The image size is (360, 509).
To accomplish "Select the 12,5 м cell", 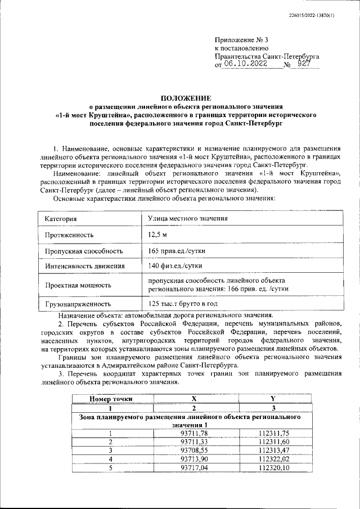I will click(158, 235).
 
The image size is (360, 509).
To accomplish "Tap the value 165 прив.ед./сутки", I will click(175, 251).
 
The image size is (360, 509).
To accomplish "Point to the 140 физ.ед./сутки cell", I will click(175, 265).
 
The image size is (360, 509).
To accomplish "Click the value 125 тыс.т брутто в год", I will click(183, 304).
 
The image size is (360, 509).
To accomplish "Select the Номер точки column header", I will click(111, 399).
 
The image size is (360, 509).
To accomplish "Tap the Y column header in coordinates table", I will click(273, 399).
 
